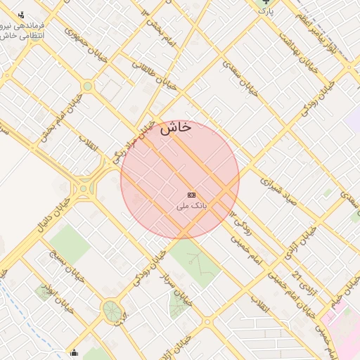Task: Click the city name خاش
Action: click(176, 128)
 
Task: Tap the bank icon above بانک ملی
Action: click(191, 195)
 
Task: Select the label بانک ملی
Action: click(192, 207)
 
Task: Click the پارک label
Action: click(265, 12)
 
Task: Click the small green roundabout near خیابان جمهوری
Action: click(87, 86)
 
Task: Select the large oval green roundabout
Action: click(111, 310)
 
